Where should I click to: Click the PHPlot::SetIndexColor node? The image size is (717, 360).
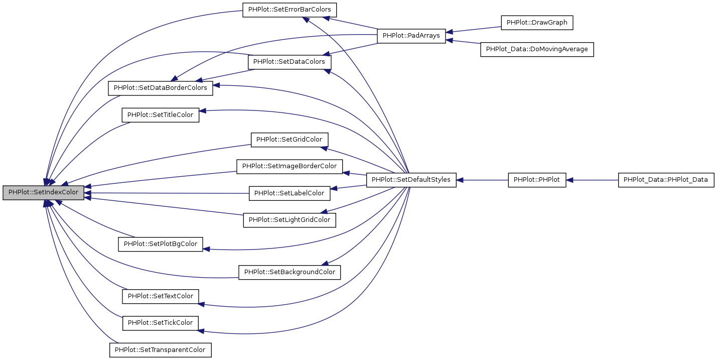(x=43, y=193)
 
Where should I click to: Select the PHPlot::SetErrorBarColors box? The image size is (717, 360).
(x=290, y=10)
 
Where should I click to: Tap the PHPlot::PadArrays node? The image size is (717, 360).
(x=411, y=36)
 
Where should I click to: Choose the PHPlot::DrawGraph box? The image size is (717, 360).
(x=537, y=23)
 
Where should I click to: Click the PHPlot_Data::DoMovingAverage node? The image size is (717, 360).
(x=537, y=50)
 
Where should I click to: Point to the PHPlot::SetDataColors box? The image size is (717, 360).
(x=289, y=62)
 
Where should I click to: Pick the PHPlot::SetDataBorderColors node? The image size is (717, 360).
(x=161, y=88)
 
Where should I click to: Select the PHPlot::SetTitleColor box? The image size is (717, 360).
(x=161, y=115)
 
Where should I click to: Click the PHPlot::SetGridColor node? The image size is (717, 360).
(x=290, y=140)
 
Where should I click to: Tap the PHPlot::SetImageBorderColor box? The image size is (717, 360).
(x=290, y=166)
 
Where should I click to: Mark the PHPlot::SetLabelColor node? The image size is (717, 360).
(x=290, y=193)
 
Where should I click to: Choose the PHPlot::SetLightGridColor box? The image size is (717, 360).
(x=290, y=220)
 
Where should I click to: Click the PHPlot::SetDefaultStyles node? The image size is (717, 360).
(x=411, y=180)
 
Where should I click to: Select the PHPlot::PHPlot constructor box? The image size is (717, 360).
(x=537, y=180)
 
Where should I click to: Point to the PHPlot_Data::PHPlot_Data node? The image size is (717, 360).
(x=665, y=180)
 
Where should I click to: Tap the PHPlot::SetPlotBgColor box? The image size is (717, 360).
(x=161, y=245)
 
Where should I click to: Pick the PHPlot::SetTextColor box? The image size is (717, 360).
(x=161, y=296)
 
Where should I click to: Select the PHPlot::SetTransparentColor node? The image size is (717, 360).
(x=161, y=350)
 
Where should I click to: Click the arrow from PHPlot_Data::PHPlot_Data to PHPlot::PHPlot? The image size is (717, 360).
(x=592, y=180)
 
